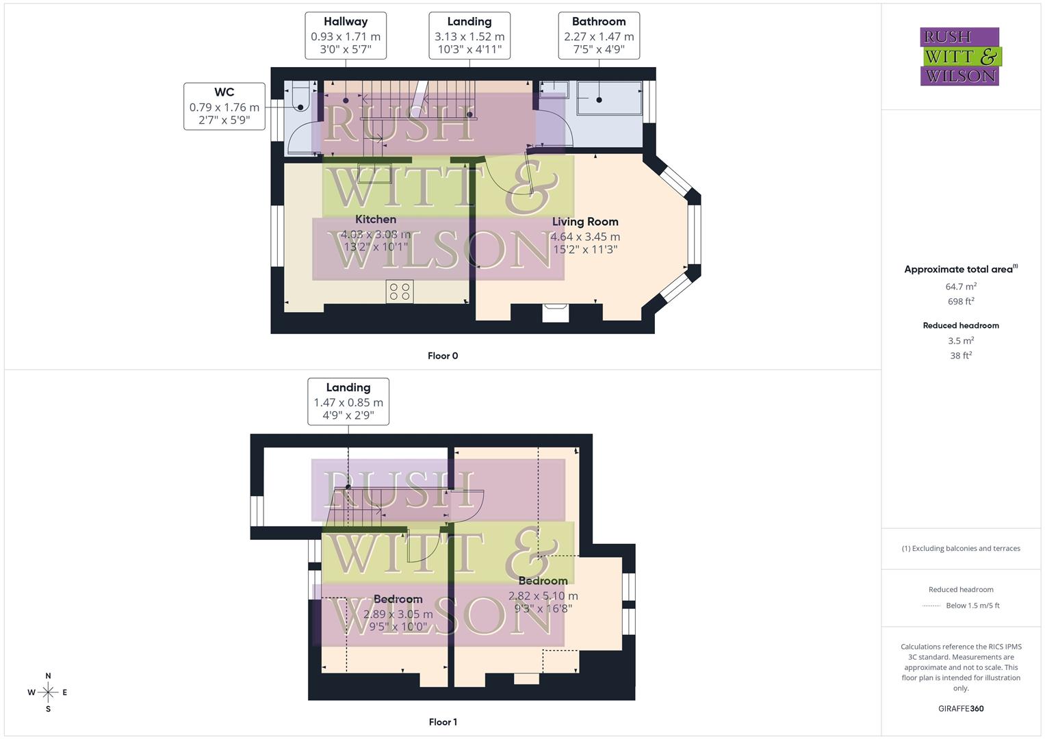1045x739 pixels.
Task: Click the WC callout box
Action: pos(224,106)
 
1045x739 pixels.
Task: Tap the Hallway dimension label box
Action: pos(345,36)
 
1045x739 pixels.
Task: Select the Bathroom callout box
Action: pos(599,36)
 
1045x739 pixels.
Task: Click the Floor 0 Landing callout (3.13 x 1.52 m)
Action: pos(469,36)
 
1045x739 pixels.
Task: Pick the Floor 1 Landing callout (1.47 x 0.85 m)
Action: pos(348,402)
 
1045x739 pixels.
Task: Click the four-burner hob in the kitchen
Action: pos(399,291)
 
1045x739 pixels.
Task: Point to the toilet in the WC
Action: pos(299,96)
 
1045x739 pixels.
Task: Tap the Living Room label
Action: pos(585,222)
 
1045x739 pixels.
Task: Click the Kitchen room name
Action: pos(376,220)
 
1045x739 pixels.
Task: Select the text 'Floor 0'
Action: pos(443,356)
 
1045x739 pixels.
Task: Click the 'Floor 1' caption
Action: pos(443,722)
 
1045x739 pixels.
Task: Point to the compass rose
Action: pos(48,692)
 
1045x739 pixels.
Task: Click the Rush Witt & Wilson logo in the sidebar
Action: pos(960,57)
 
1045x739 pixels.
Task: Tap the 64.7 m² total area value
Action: pos(961,287)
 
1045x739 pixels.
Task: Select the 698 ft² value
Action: pos(961,301)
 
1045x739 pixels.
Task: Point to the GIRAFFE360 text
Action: pos(961,709)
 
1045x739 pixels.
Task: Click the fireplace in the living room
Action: pos(555,313)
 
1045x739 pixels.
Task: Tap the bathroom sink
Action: pos(554,90)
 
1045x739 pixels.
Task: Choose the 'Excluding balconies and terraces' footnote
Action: pos(961,548)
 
